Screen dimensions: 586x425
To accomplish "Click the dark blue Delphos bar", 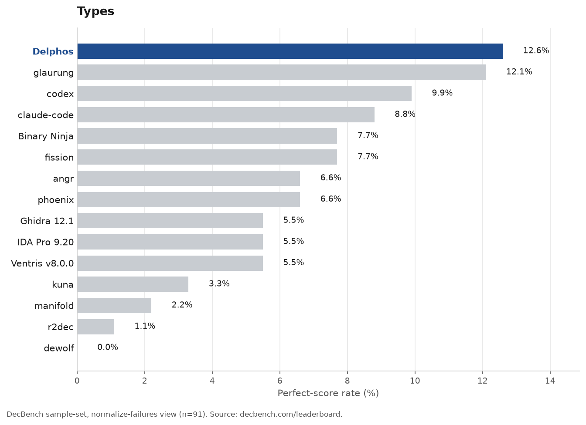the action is [x=290, y=51].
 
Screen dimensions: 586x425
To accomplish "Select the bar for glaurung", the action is [x=282, y=72].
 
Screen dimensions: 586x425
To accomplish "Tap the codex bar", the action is [x=244, y=94].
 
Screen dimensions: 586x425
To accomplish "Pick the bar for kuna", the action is [x=133, y=284].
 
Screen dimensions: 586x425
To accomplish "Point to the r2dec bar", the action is [x=95, y=327].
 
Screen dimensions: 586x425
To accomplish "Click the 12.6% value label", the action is [x=536, y=51].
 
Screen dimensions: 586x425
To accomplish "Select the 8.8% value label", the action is [x=405, y=114].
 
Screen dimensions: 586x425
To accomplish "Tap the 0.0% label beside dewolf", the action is [x=108, y=347].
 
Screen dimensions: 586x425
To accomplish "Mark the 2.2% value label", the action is [x=182, y=304].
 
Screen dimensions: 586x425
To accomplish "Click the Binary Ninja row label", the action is [x=46, y=136].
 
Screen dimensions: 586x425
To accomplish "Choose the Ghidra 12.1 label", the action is [x=47, y=221].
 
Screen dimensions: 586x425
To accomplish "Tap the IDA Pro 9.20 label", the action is [x=45, y=242].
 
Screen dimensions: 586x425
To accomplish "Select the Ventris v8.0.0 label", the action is [x=42, y=263].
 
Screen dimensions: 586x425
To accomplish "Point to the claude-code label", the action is [x=45, y=115].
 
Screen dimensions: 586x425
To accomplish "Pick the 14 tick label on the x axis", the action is [x=550, y=381].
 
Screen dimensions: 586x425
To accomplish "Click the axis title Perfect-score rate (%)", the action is [x=328, y=393].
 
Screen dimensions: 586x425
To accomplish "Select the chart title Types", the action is [x=95, y=11].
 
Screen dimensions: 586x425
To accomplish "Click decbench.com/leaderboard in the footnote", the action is [x=291, y=415].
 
